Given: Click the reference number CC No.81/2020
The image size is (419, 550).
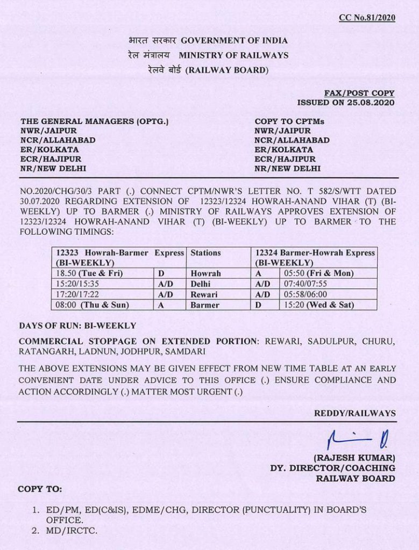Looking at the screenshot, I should [367, 18].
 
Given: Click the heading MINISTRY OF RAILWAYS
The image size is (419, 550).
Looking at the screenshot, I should [233, 55].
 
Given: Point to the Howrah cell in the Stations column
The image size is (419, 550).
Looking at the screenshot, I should [206, 273].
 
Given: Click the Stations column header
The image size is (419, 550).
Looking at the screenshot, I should [206, 252].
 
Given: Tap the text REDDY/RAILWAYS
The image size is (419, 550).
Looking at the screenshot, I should [355, 413].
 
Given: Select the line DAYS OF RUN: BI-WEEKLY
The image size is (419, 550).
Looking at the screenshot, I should [77, 325].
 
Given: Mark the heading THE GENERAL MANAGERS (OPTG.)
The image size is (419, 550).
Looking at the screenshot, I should [95, 121].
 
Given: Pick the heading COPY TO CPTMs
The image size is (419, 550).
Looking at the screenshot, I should [289, 121].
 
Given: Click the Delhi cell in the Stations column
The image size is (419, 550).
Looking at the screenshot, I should [201, 284].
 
